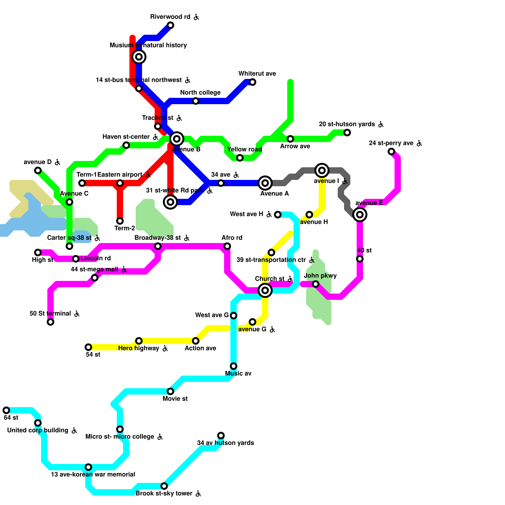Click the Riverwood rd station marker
(170, 25)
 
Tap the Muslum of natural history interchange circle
(139, 57)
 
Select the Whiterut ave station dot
(252, 82)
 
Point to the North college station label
(200, 92)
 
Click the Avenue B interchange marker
(177, 139)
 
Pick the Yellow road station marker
(240, 158)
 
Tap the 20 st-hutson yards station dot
(347, 133)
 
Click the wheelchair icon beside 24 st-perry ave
(419, 143)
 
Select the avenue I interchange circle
(322, 170)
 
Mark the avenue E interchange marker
(360, 215)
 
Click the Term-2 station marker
(120, 221)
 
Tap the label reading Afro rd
(232, 238)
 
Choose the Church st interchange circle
(265, 290)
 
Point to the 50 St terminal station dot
(50, 322)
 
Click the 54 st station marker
(88, 347)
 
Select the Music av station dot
(234, 366)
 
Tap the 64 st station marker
(6, 410)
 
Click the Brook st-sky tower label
(164, 493)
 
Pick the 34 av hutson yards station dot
(221, 436)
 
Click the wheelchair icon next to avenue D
(57, 162)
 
